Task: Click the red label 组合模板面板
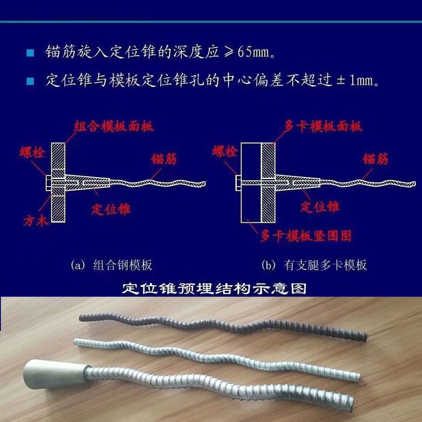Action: (114, 126)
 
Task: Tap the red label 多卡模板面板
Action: (323, 126)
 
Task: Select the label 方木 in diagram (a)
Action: (36, 221)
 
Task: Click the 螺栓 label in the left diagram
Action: (32, 152)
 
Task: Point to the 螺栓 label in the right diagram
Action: (225, 151)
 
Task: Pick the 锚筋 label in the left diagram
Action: (164, 159)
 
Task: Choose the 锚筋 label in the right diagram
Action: (375, 159)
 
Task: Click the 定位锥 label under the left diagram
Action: (111, 209)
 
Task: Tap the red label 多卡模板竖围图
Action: (306, 236)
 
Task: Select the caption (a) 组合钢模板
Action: (111, 265)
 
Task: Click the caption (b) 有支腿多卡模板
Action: (314, 265)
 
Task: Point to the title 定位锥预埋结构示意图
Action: (214, 289)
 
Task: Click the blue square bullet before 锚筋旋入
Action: (30, 52)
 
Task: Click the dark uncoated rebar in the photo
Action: (223, 325)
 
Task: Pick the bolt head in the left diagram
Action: (49, 183)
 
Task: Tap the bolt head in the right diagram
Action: (239, 183)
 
